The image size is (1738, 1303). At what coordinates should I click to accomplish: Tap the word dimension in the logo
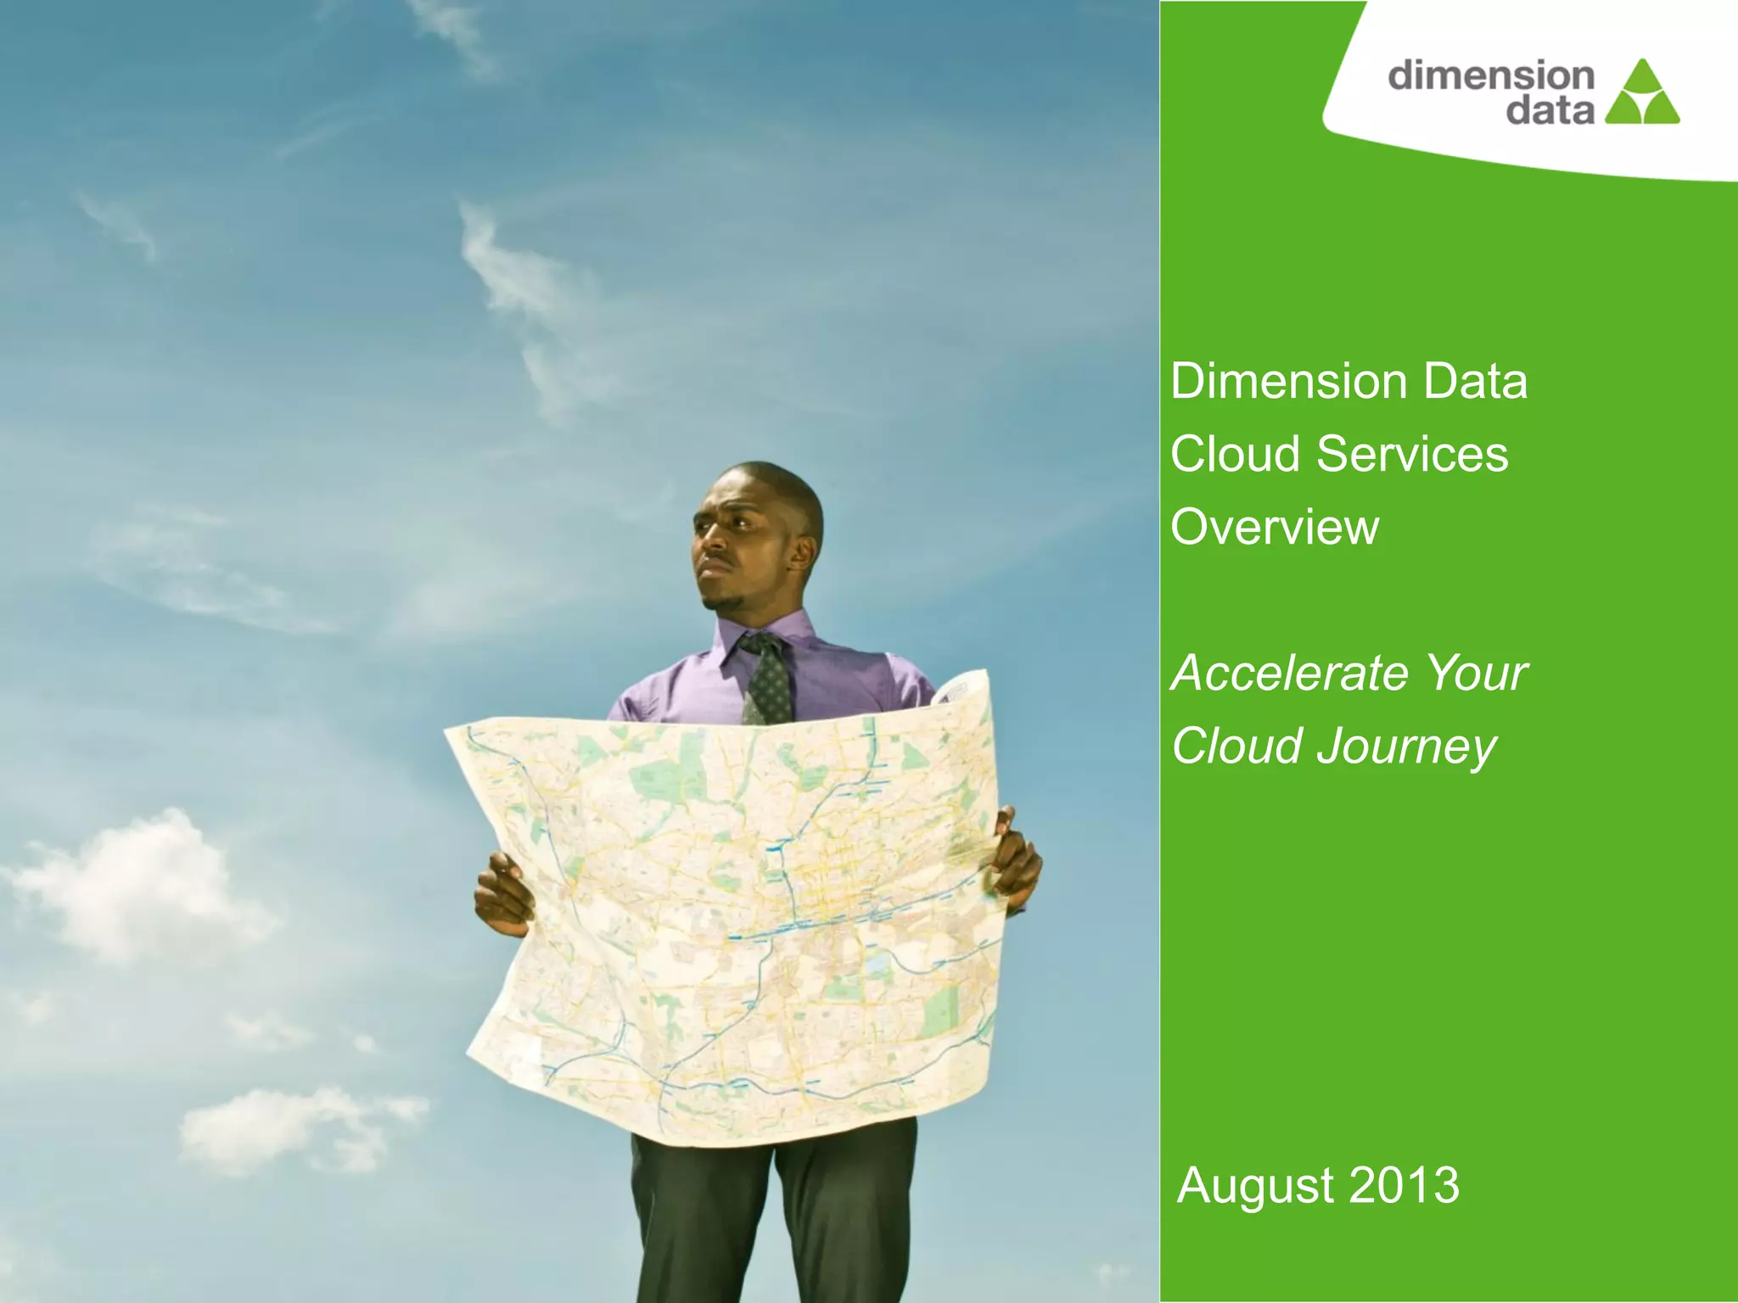(x=1491, y=75)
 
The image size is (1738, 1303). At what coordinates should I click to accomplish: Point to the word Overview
(x=1275, y=527)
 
